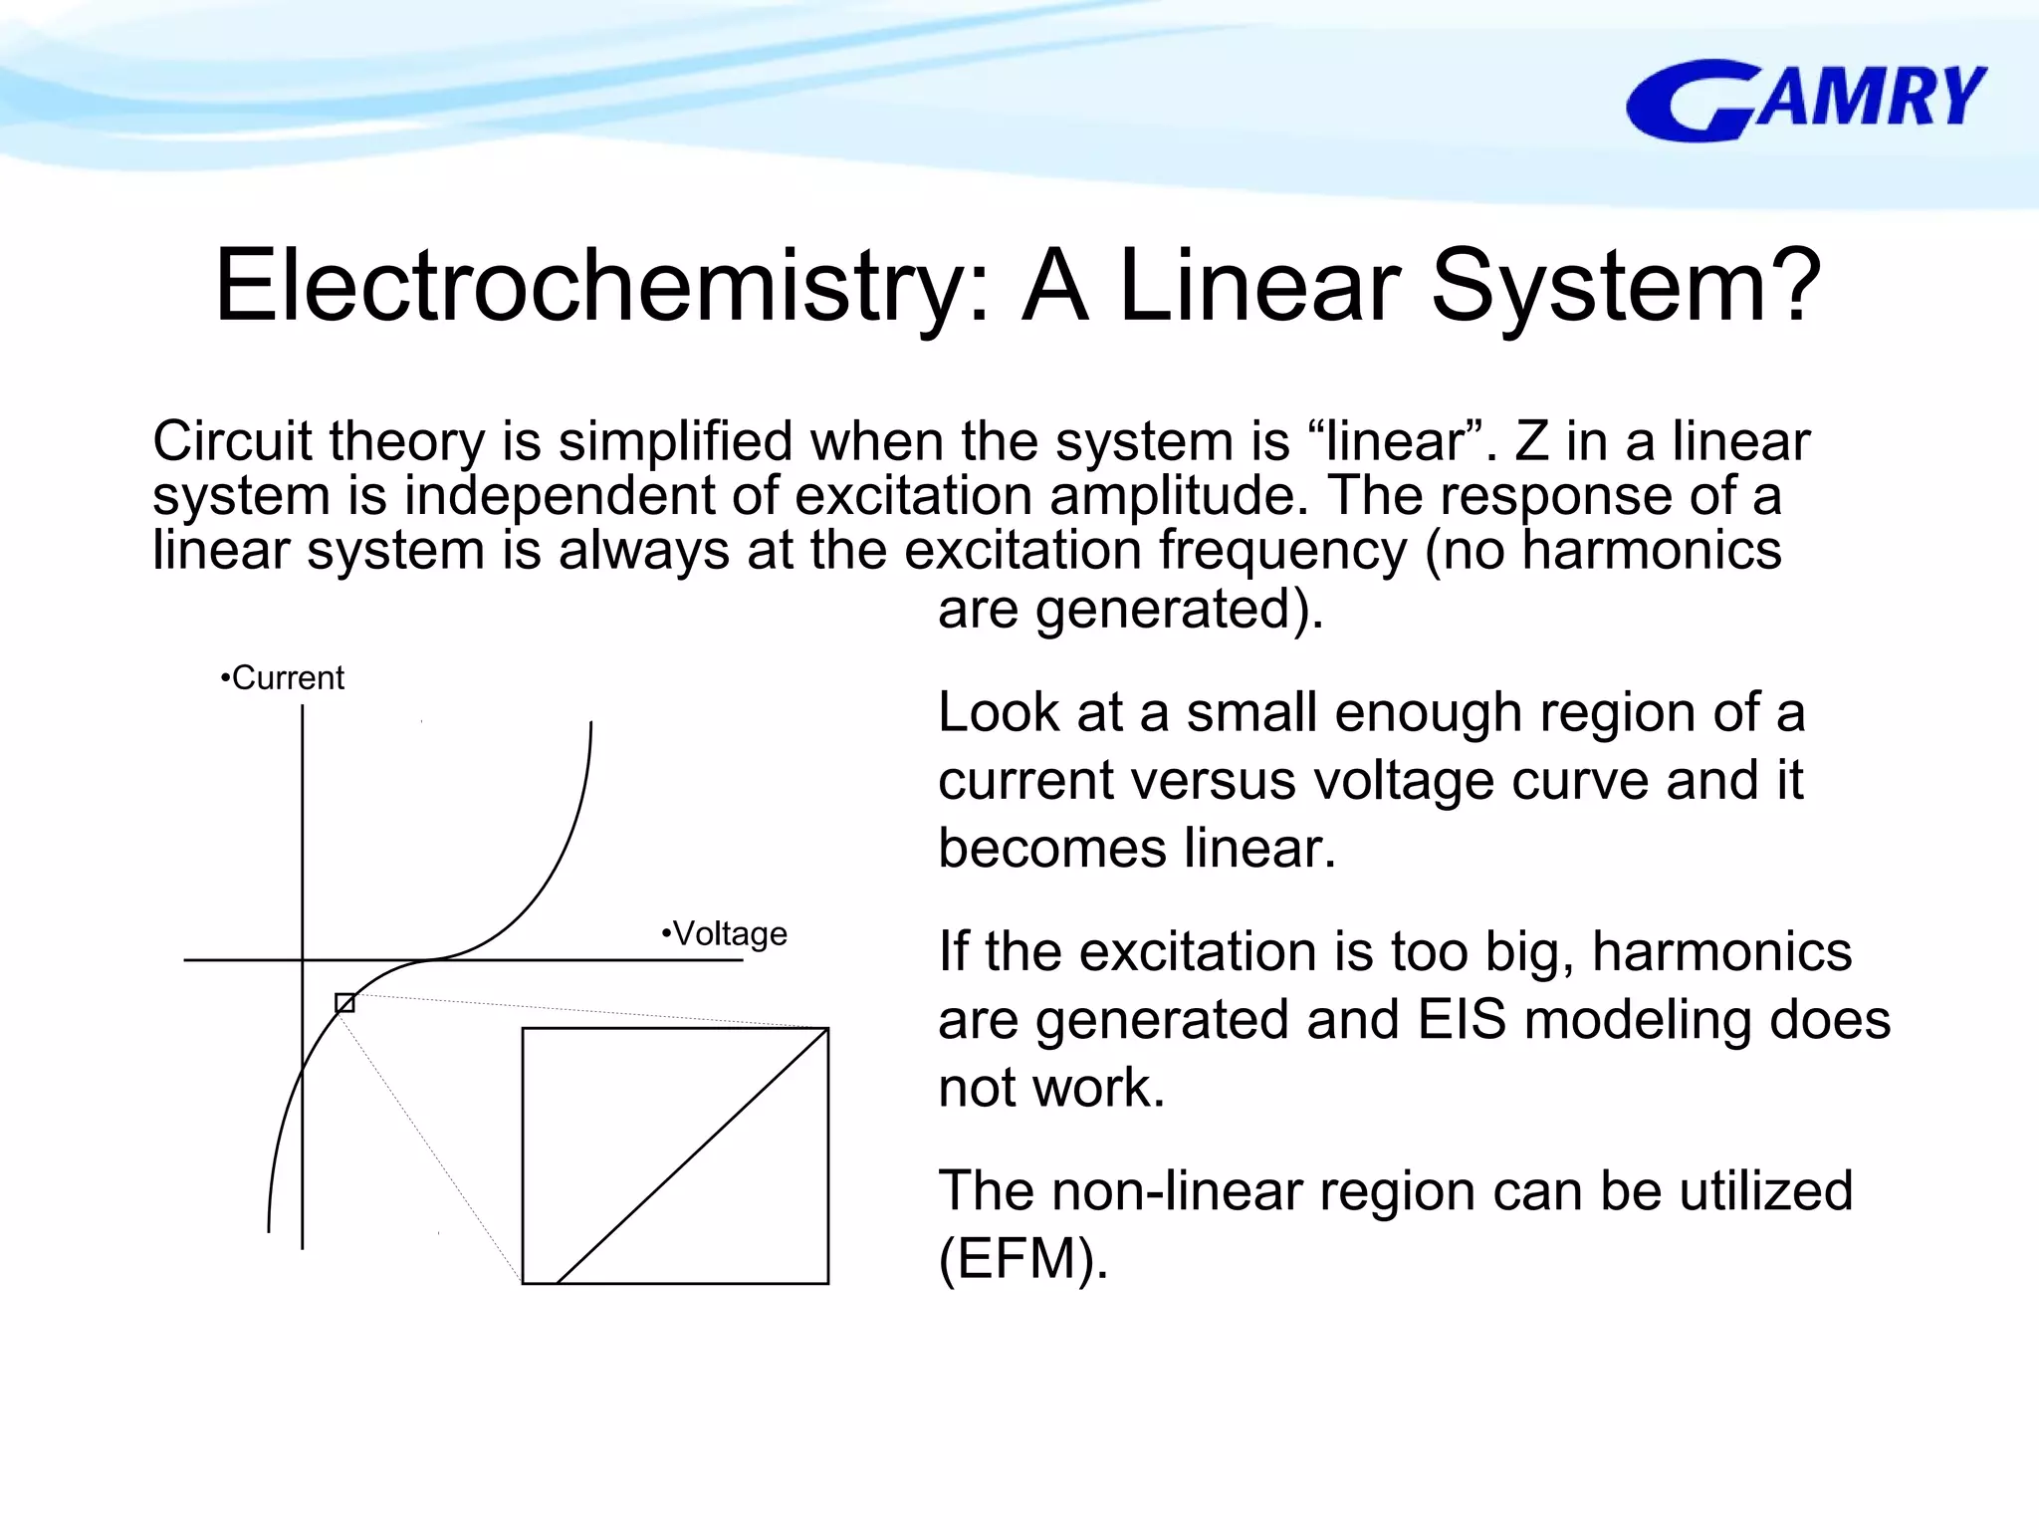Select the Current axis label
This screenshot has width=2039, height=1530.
tap(283, 678)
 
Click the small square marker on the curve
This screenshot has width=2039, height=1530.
tap(344, 1003)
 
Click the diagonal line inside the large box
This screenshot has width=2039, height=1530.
tap(692, 1155)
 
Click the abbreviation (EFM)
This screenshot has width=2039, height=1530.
tap(1022, 1259)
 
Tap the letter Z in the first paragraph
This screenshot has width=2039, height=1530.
tap(1531, 441)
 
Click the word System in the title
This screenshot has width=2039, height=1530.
tap(1626, 287)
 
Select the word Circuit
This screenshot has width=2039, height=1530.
tap(232, 441)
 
